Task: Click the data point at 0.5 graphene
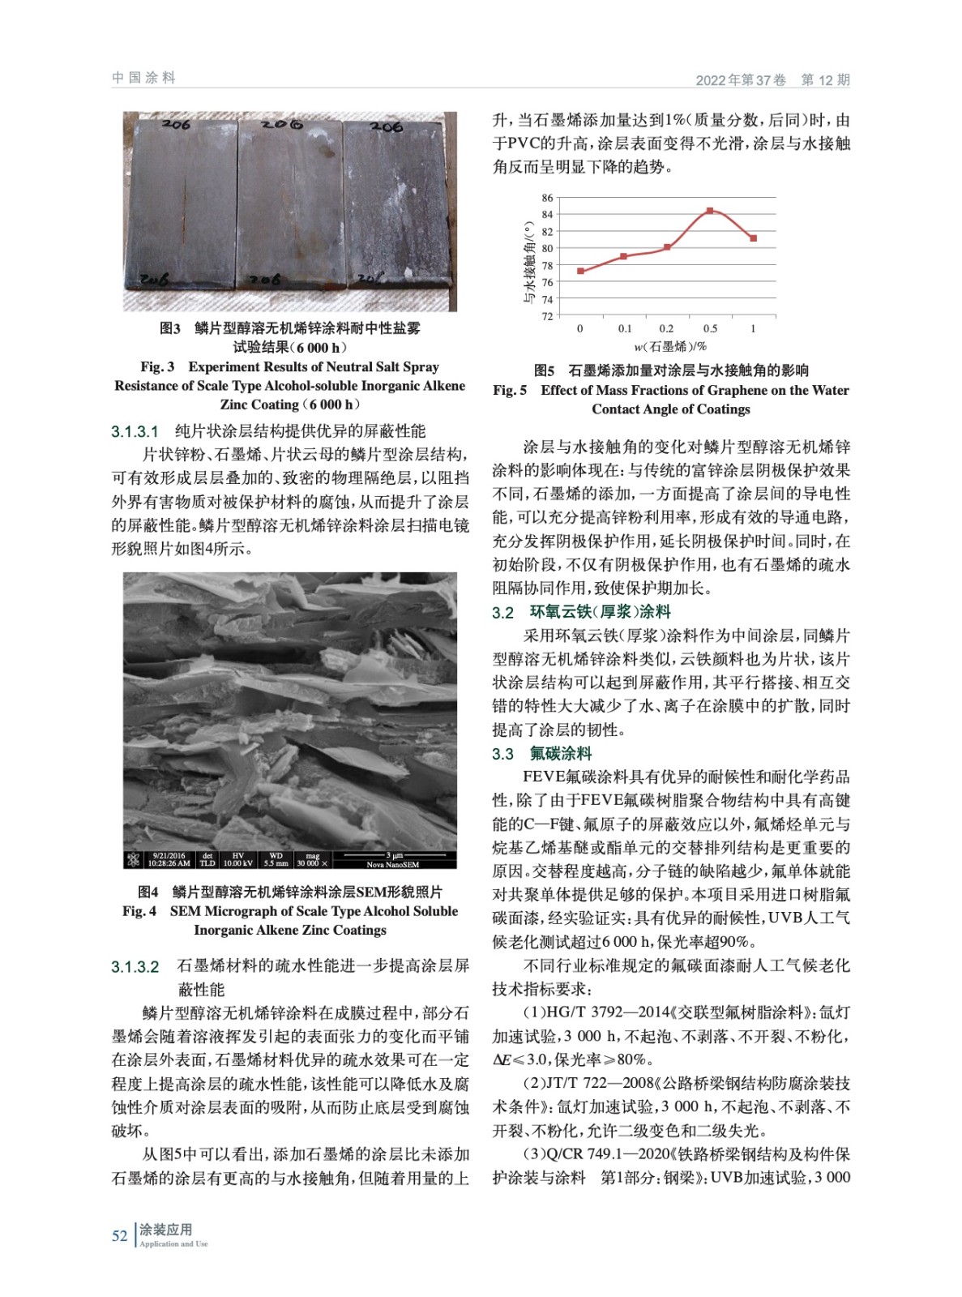pos(710,211)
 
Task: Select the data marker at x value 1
pos(753,238)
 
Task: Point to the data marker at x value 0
pos(580,271)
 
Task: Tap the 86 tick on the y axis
pos(548,198)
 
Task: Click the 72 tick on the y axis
pos(548,316)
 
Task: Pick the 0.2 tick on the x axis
pos(666,329)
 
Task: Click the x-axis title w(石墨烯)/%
pos(669,347)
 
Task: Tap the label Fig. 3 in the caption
pos(157,366)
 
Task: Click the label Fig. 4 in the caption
pos(139,911)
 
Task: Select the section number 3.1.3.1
pos(135,431)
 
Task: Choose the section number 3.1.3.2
pos(135,966)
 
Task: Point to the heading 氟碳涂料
pos(561,754)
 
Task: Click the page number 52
pos(119,1235)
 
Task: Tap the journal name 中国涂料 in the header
pos(143,78)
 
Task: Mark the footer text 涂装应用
pos(165,1230)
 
